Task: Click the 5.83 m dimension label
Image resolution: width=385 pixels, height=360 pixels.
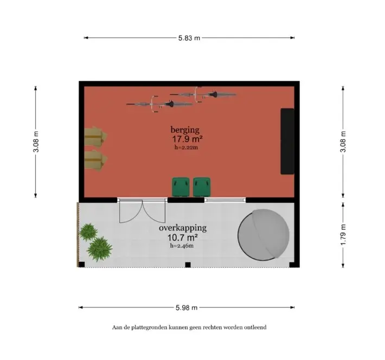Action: point(189,38)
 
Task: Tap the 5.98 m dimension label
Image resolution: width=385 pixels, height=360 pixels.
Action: point(187,307)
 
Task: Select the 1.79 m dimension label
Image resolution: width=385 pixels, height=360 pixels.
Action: point(343,234)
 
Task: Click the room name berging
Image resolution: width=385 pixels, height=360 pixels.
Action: point(185,130)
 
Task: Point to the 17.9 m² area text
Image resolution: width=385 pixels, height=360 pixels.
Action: point(187,139)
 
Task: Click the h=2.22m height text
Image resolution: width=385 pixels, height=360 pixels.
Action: point(186,147)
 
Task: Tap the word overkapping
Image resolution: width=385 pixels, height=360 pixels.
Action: point(183,228)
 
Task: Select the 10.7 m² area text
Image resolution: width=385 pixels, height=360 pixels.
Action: point(183,237)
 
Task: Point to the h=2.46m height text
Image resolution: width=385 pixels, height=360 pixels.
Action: point(182,246)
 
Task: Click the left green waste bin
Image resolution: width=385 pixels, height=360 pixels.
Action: point(181,187)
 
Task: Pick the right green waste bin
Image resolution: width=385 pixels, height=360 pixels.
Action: point(202,187)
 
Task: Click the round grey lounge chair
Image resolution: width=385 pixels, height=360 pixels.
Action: point(264,235)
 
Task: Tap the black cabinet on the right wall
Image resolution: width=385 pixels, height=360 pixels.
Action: point(287,142)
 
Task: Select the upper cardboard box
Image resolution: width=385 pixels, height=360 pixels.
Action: point(95,137)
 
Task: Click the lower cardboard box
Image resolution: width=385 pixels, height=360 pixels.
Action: point(95,160)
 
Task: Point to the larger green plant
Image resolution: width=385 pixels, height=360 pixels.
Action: point(99,249)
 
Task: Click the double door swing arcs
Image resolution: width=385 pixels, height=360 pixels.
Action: point(143,211)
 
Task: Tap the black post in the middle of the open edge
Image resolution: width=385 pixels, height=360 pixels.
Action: point(188,265)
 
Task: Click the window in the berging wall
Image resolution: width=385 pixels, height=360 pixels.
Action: point(225,200)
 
